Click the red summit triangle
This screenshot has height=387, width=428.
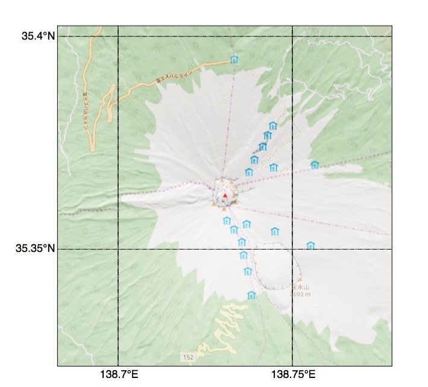pyautogui.click(x=225, y=196)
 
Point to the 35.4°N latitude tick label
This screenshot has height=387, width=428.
pyautogui.click(x=38, y=36)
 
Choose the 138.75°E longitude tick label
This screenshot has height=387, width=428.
pyautogui.click(x=293, y=374)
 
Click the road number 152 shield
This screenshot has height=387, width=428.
pyautogui.click(x=189, y=358)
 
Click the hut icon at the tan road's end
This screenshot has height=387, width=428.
pyautogui.click(x=234, y=60)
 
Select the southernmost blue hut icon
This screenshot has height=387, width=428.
pyautogui.click(x=252, y=295)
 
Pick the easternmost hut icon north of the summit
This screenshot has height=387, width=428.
pyautogui.click(x=315, y=165)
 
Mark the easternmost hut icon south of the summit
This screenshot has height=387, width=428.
pyautogui.click(x=310, y=245)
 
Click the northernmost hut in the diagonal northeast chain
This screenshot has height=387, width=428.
pyautogui.click(x=273, y=126)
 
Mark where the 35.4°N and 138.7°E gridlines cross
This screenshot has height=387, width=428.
pyautogui.click(x=118, y=36)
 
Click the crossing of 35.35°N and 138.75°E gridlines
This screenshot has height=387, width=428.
pyautogui.click(x=292, y=249)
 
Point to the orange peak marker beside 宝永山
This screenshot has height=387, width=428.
pyautogui.click(x=299, y=280)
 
